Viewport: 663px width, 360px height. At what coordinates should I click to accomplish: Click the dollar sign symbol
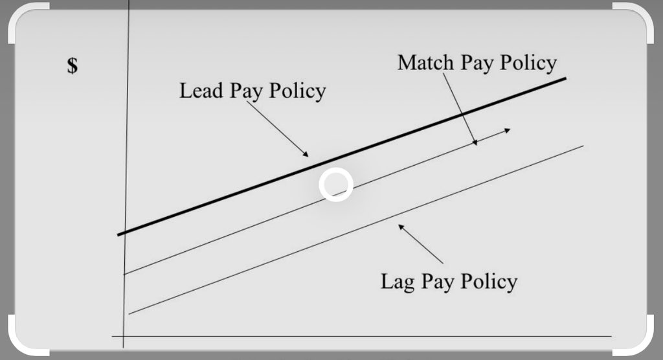(x=73, y=65)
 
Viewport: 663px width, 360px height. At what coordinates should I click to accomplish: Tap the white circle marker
(x=336, y=185)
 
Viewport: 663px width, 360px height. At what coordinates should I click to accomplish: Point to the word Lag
(x=396, y=282)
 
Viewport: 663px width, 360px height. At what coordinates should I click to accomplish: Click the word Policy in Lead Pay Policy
(x=297, y=91)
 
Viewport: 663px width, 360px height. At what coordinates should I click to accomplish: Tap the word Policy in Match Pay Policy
(x=528, y=63)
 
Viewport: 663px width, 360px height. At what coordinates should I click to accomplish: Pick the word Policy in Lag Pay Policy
(x=489, y=282)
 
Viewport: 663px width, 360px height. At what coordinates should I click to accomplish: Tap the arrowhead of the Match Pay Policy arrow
(x=475, y=143)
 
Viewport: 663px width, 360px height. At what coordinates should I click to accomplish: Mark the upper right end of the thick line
(x=566, y=79)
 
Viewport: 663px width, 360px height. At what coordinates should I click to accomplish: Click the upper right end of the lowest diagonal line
(x=583, y=146)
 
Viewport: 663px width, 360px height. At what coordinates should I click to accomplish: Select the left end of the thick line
(x=119, y=234)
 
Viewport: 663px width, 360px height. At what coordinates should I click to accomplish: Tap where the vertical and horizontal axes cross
(x=123, y=336)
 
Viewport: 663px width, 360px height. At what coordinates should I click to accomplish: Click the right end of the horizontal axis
(x=611, y=336)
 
